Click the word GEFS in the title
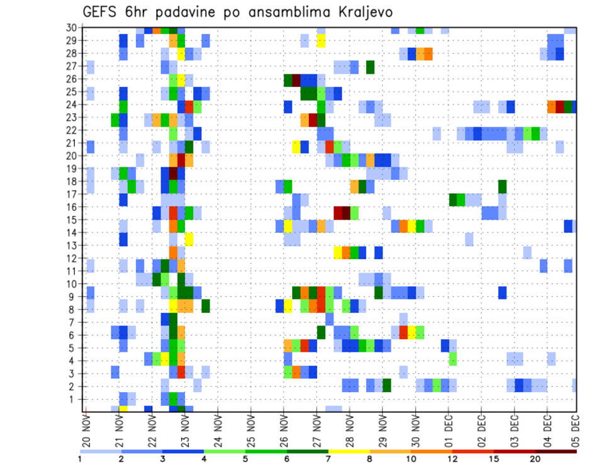(x=103, y=12)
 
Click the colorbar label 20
(x=535, y=459)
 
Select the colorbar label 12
(x=453, y=459)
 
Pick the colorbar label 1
(x=80, y=459)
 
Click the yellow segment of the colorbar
(x=349, y=451)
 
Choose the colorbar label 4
(x=204, y=459)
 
